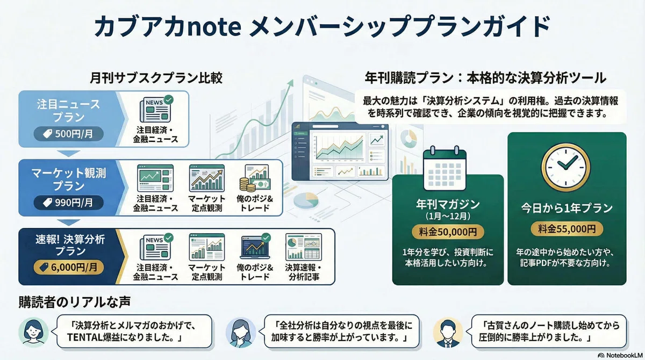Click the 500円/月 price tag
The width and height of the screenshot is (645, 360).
(69, 134)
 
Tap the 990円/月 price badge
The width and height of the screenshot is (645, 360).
(69, 203)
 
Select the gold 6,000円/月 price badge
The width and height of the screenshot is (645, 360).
(69, 268)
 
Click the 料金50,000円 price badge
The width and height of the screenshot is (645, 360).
(448, 232)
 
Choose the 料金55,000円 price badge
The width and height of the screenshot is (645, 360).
(567, 229)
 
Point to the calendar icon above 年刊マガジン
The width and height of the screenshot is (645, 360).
(445, 168)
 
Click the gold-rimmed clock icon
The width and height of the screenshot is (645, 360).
(566, 168)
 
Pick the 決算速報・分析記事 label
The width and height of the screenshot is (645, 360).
(304, 272)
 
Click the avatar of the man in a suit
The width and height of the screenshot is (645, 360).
(448, 333)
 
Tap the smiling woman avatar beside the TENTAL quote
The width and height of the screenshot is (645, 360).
(33, 332)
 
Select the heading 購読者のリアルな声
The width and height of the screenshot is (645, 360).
(75, 302)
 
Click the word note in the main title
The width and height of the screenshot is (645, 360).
(214, 27)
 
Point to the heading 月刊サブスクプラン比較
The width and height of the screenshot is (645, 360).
(156, 78)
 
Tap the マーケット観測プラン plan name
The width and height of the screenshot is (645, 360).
(69, 179)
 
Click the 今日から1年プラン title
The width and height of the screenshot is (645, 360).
(567, 208)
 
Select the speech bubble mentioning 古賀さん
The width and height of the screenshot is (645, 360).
(549, 331)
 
